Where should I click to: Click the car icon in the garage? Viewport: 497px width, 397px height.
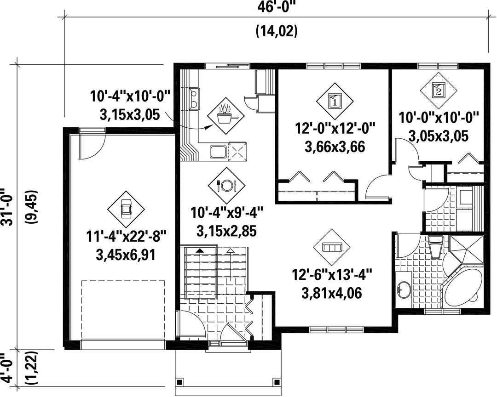[126, 209]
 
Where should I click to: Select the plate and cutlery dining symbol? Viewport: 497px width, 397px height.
[226, 185]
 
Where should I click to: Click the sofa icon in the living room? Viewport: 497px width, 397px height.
[331, 247]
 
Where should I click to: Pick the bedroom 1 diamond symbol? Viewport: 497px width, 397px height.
[335, 101]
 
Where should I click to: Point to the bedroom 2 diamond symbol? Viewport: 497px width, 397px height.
[439, 90]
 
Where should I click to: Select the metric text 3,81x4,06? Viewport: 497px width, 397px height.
[331, 293]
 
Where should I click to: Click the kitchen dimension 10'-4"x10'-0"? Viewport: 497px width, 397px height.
[130, 96]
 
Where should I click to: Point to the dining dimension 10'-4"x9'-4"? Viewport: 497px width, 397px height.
[226, 212]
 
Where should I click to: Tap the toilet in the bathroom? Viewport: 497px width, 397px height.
[434, 246]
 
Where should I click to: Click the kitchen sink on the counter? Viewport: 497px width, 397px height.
[219, 151]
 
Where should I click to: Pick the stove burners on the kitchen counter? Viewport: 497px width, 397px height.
[194, 98]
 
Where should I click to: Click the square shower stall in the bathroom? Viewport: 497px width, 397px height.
[467, 250]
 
